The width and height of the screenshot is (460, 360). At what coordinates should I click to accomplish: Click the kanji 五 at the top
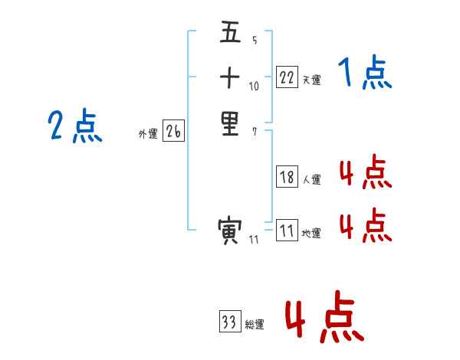click(x=230, y=34)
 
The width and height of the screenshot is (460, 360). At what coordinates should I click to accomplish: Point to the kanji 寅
click(x=230, y=230)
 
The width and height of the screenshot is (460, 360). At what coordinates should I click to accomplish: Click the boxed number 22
click(x=287, y=77)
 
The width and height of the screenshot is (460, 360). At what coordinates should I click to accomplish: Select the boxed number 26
click(x=173, y=132)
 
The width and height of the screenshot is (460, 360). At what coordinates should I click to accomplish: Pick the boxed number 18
click(x=287, y=177)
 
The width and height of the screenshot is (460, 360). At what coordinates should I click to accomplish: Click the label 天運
click(x=311, y=80)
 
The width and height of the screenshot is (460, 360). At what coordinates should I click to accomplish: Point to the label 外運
click(x=148, y=134)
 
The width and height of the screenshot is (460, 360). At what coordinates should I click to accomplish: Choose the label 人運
click(x=311, y=180)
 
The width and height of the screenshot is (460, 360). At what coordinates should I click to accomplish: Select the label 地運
click(x=311, y=234)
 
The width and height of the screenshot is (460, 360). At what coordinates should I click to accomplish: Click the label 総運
click(x=255, y=325)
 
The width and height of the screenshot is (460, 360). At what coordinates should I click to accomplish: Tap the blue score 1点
click(x=366, y=74)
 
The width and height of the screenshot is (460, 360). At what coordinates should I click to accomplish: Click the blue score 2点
click(x=75, y=127)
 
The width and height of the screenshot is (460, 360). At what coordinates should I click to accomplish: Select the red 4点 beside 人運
click(x=366, y=173)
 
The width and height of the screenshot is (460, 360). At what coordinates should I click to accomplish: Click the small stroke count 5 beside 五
click(x=255, y=41)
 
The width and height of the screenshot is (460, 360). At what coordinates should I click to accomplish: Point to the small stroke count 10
click(x=255, y=86)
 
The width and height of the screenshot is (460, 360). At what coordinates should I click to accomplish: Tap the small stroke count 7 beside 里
click(x=255, y=130)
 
